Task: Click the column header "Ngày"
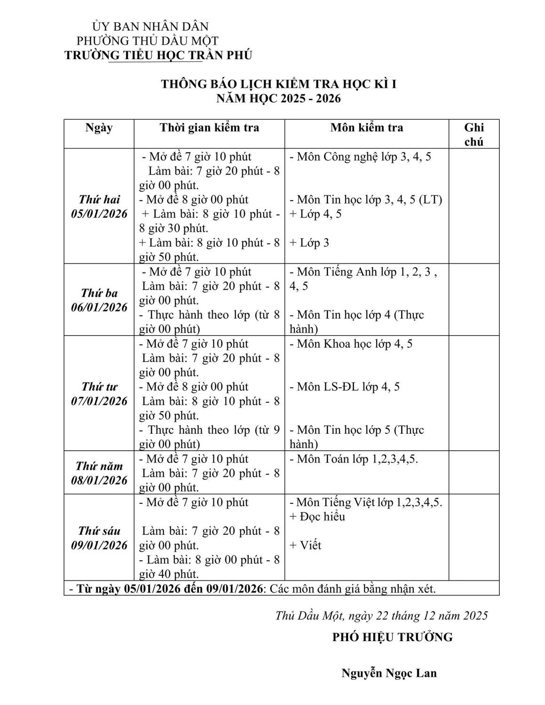99,128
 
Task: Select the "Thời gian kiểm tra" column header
209,128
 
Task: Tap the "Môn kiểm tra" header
366,128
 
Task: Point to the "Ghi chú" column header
474,134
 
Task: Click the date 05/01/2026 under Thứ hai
99,214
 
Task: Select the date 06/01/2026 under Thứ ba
99,307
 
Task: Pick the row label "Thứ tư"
99,386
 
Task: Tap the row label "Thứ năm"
99,466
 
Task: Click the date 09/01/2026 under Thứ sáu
99,545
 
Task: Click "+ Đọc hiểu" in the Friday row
317,517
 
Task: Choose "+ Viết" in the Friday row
306,545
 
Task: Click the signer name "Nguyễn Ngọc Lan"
389,673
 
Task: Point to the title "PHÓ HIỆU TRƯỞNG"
392,637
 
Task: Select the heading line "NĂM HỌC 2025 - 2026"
278,99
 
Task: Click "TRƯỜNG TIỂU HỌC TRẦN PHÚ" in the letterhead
158,55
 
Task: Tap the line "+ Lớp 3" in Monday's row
309,243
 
